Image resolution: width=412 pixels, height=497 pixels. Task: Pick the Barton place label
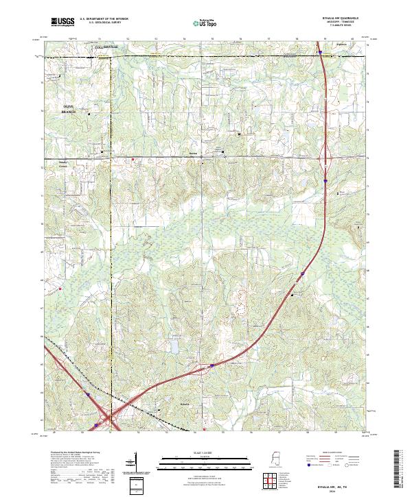[x=194, y=154]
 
